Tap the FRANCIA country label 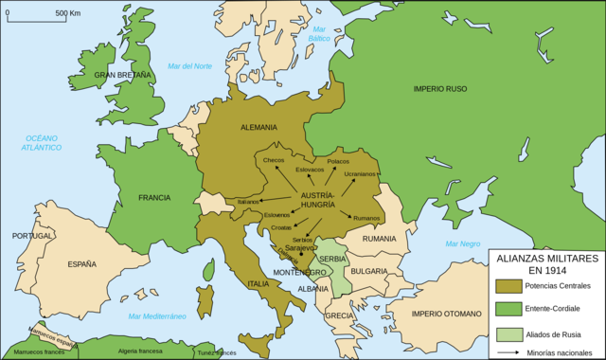click(x=153, y=197)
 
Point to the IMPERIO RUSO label click(x=441, y=89)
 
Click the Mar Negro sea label click(x=458, y=243)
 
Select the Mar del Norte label click(x=190, y=65)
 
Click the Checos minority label click(x=274, y=160)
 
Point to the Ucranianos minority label click(x=360, y=174)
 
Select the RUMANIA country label click(x=378, y=239)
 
